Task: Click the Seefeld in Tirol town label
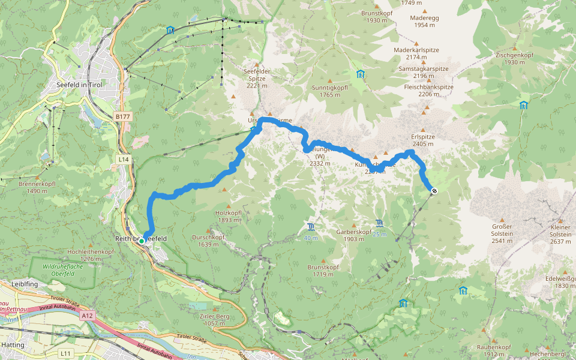click(x=79, y=85)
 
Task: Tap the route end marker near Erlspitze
click(x=433, y=191)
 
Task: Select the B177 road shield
click(x=122, y=116)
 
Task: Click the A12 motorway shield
click(x=88, y=315)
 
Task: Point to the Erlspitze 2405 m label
click(x=423, y=140)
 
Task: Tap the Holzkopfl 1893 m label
click(x=228, y=216)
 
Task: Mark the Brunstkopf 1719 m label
click(x=323, y=270)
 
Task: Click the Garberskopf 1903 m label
click(x=354, y=235)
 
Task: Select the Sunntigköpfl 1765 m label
click(x=330, y=91)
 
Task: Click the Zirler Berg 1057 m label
click(x=209, y=319)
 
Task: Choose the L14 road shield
click(x=124, y=158)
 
